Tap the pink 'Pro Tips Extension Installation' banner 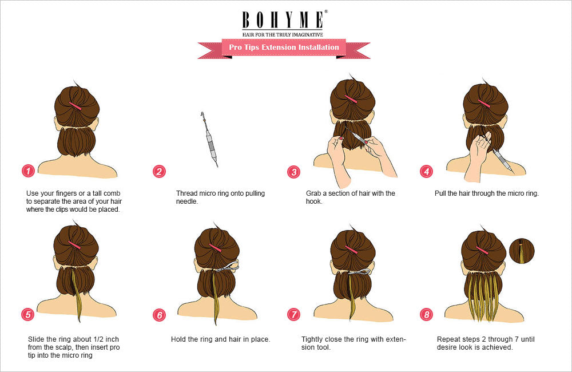284,48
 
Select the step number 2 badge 159,171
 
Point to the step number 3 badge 293,171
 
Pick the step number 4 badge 426,171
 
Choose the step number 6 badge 159,314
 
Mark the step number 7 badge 293,314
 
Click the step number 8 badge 426,314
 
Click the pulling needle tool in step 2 209,140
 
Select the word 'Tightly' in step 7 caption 312,339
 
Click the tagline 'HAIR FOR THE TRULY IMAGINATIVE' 283,35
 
